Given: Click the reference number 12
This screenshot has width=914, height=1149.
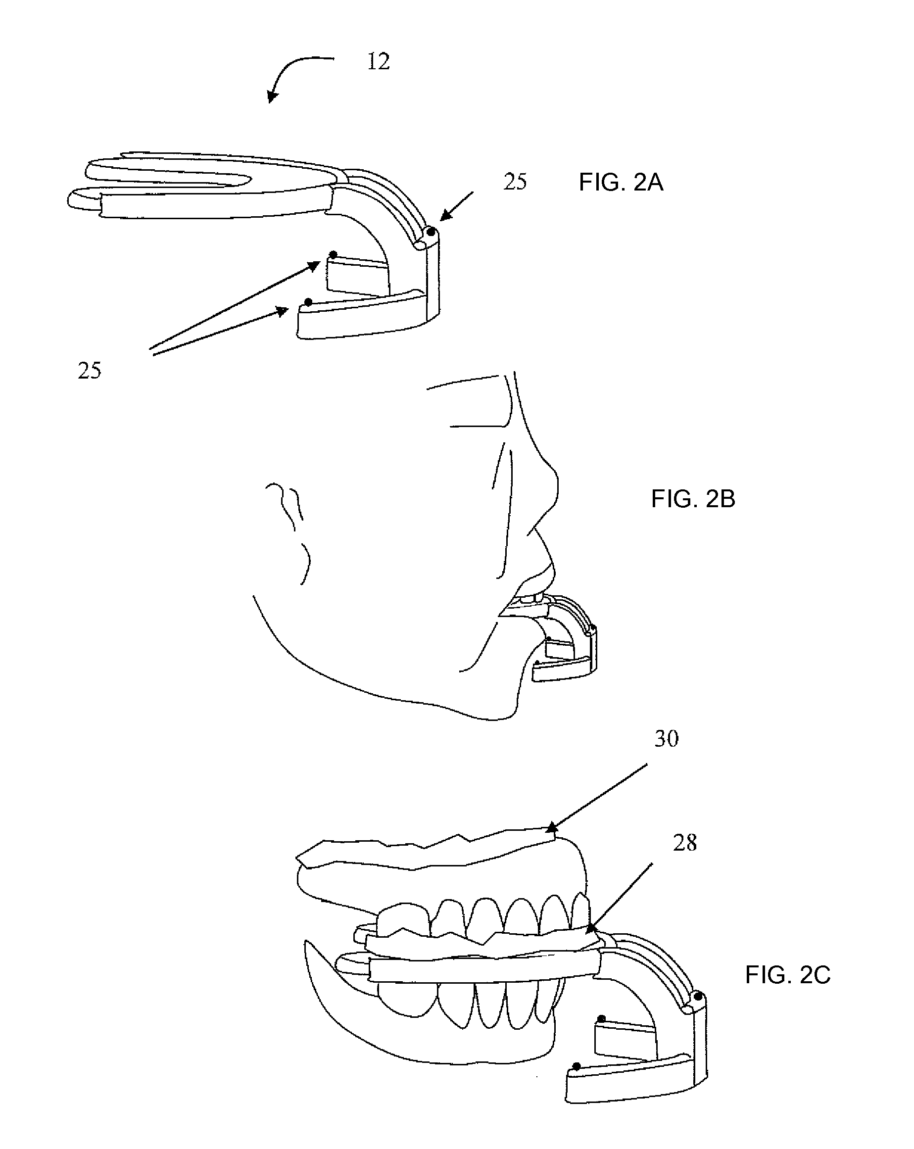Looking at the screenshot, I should click(x=379, y=62).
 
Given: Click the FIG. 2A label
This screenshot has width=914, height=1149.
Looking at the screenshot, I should click(x=621, y=183).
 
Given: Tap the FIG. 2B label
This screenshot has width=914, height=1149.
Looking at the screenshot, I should click(x=693, y=499).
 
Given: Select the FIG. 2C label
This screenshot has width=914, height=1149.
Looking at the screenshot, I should click(x=787, y=975).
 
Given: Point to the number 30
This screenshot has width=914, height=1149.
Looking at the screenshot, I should click(x=666, y=739).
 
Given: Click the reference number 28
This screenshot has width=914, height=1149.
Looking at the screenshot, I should click(x=685, y=843).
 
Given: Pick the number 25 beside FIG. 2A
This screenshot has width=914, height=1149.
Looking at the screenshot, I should click(x=515, y=182).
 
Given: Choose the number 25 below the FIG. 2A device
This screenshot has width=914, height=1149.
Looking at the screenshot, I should click(x=89, y=371).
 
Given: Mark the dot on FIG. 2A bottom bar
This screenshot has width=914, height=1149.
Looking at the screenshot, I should click(x=308, y=302).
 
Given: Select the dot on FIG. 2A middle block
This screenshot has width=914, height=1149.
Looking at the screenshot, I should click(x=333, y=254).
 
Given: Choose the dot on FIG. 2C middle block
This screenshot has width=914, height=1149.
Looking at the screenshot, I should click(x=601, y=1019).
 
